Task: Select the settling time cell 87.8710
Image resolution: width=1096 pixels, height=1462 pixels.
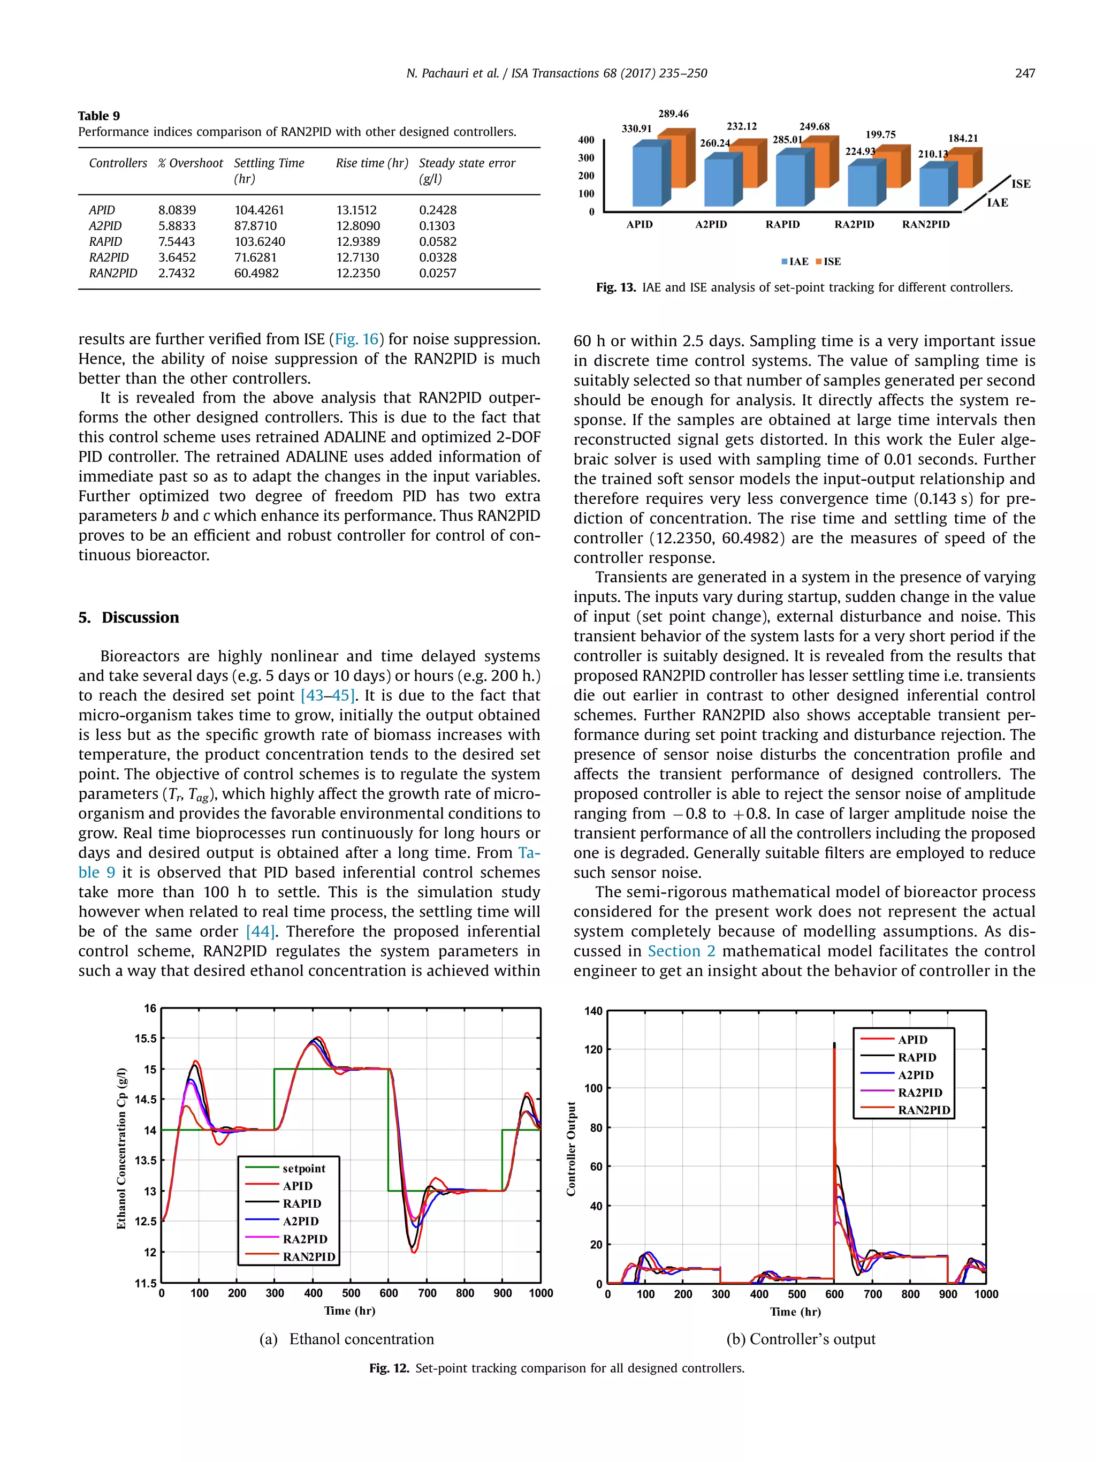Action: (255, 225)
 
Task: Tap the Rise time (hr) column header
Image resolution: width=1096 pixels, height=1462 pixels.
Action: (371, 163)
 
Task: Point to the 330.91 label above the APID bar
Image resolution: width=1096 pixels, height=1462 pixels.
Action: (636, 129)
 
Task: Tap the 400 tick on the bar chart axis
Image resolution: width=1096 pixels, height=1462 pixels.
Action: (586, 140)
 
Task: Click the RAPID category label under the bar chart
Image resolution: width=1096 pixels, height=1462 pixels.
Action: (782, 225)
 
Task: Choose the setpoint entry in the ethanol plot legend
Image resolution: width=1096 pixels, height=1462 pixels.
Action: (303, 1168)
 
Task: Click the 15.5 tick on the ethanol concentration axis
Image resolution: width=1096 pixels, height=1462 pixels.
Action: (146, 1039)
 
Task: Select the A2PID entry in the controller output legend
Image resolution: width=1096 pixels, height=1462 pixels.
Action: (915, 1075)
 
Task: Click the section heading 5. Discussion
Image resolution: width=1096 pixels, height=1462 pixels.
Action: (128, 617)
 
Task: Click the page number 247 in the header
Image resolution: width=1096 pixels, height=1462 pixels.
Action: (1025, 73)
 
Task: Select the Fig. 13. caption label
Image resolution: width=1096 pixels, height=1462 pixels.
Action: (615, 287)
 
